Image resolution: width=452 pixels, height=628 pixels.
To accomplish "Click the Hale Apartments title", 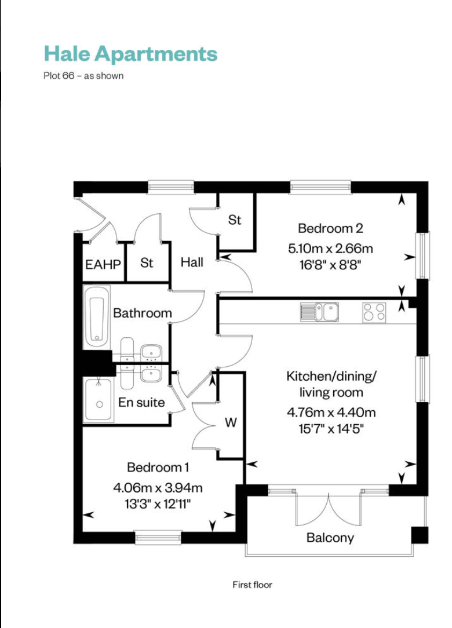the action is pos(130,54).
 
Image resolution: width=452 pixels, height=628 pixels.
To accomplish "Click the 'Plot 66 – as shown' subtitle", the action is pos(83,76).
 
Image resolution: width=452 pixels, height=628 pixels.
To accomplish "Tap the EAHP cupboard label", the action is pos(103,264).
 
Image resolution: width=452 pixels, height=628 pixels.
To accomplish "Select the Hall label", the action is pos(192,262).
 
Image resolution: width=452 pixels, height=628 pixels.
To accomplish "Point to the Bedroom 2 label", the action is pos(330,228).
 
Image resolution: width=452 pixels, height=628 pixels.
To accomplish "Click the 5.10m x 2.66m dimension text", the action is pos(330,249).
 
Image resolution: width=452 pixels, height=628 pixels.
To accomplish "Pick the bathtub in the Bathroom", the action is pos(97,317).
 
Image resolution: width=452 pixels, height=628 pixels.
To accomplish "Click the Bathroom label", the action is pos(142,313).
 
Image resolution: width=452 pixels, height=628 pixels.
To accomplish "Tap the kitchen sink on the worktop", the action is pos(320,312).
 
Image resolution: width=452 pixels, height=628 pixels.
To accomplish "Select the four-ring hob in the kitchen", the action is pos(374,312).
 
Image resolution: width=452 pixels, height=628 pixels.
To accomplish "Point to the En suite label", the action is pos(141,402).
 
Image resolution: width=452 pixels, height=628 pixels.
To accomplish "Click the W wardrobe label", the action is pos(231,422).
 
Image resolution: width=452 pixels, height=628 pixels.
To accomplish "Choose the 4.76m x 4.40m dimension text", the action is pos(331,412).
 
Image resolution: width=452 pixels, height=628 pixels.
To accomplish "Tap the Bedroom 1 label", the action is pos(158,468).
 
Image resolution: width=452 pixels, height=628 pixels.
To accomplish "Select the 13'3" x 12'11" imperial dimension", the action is pos(158,503).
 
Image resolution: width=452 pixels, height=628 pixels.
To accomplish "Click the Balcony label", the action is pos(330,538).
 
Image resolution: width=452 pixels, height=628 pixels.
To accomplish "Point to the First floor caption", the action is pos(253,585).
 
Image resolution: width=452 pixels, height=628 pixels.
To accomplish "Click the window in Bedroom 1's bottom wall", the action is pos(158,538).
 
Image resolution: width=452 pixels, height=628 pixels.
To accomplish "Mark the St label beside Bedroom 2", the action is pos(235,220).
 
